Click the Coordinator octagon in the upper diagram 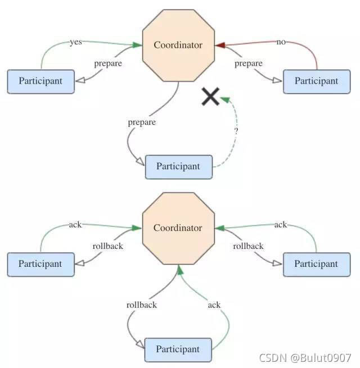pos(178,45)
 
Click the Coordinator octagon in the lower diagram pos(178,228)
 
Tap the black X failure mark pos(210,97)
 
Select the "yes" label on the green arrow pos(75,42)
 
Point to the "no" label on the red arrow pos(281,42)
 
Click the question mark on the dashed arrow pos(236,131)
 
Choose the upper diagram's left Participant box pos(40,81)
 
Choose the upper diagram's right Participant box pos(316,81)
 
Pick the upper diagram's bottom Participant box pos(178,166)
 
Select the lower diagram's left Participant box pos(40,263)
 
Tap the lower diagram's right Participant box pos(316,263)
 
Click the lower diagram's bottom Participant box pos(178,349)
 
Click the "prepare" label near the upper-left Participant pos(107,63)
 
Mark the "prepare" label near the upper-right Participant pos(248,63)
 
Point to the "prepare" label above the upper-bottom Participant pos(142,122)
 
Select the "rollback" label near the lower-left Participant pos(107,246)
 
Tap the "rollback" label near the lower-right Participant pos(248,246)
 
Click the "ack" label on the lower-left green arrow pos(75,225)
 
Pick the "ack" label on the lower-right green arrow pos(281,225)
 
